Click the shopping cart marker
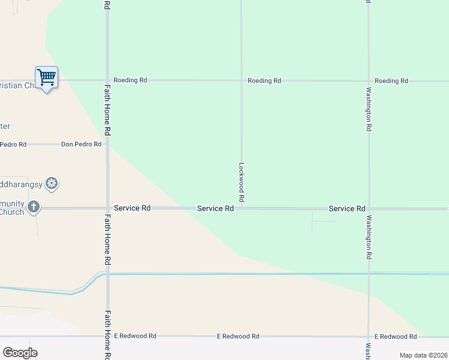pos(46,77)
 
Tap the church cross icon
pos(34,207)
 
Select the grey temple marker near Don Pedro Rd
pos(52,184)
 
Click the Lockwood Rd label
pos(241,182)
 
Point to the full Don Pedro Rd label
pos(81,144)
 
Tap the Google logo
pos(20,353)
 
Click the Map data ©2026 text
pos(423,355)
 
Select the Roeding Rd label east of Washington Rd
pos(391,80)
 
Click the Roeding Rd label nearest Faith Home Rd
pos(130,80)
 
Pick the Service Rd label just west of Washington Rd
pos(347,208)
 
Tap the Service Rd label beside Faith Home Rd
pos(132,208)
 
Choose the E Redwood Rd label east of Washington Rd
pos(395,337)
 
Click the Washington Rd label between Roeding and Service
pos(369,109)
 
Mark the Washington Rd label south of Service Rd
pos(369,237)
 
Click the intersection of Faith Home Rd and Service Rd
pos(107,208)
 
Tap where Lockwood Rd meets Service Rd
pos(241,208)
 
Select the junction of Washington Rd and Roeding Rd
pos(369,80)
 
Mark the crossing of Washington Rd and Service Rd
pos(369,209)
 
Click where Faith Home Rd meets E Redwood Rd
pos(107,337)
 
